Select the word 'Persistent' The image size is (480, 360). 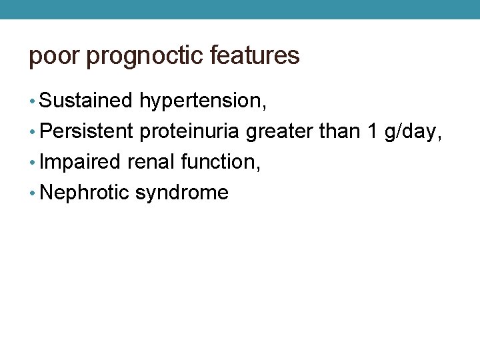click(x=87, y=131)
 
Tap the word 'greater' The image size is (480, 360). click(x=279, y=132)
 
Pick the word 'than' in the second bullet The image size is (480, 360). click(x=339, y=131)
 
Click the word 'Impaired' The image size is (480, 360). click(x=80, y=162)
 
